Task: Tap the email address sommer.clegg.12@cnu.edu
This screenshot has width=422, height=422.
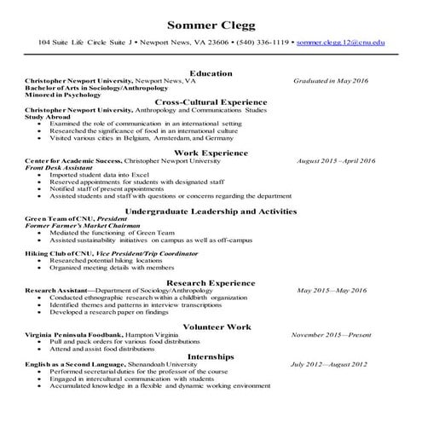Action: (338, 41)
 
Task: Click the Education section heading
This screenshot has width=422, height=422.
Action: (211, 72)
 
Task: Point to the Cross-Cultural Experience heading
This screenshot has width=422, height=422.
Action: (211, 101)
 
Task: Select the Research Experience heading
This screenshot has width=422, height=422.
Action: (211, 281)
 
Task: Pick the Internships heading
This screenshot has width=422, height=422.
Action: (211, 356)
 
